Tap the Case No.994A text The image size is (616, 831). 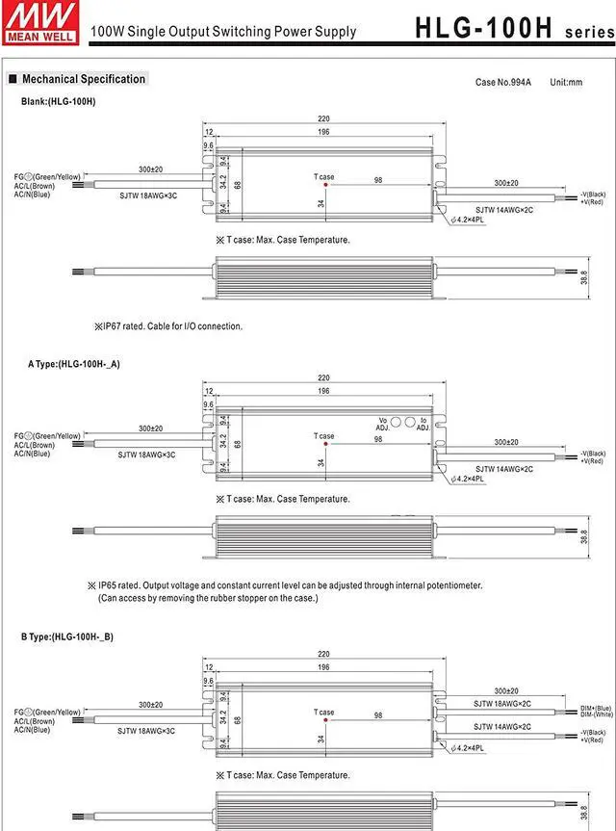point(502,83)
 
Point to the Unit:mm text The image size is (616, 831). point(566,83)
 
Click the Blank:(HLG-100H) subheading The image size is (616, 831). point(59,101)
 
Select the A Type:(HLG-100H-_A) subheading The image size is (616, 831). point(74,364)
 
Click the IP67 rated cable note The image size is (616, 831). point(168,326)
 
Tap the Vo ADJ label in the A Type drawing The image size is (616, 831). point(382,424)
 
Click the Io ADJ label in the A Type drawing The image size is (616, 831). point(423,424)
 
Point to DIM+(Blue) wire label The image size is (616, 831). point(597,708)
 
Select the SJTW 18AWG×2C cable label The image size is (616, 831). point(501,703)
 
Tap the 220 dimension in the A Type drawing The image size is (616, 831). point(323,378)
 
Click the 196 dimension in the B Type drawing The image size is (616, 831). point(323,666)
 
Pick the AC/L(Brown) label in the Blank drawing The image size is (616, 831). point(34,186)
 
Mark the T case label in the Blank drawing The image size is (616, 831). point(324,176)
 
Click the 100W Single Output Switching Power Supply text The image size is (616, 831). point(223,32)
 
